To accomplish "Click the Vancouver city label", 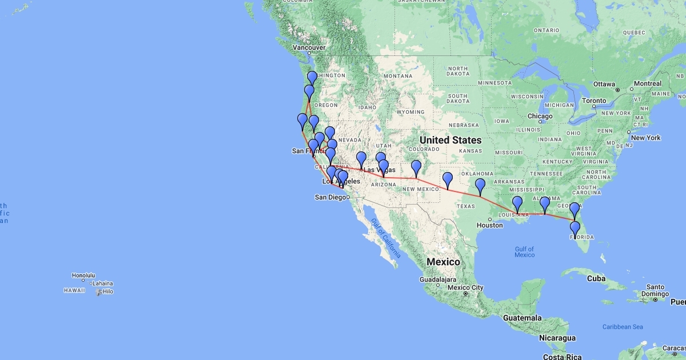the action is click(309, 47).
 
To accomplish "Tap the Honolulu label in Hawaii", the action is click(83, 275).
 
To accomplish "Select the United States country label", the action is click(450, 140).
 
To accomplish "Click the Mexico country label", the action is click(443, 262).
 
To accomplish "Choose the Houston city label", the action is click(489, 225).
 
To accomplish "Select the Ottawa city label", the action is click(604, 84).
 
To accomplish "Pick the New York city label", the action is click(646, 138).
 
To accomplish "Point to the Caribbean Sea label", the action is click(623, 326).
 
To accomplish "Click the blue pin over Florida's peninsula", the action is click(575, 229).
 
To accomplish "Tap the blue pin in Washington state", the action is click(312, 78).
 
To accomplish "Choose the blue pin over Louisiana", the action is click(517, 203).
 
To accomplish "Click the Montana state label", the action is click(398, 76).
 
